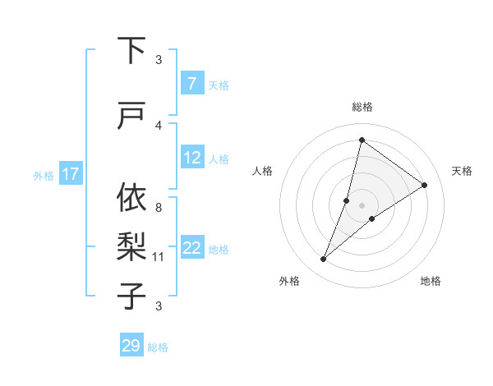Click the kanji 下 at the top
tap(132, 50)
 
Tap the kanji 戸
tap(132, 117)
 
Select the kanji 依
tap(132, 198)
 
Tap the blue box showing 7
tap(191, 83)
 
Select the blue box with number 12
tap(191, 158)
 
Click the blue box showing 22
tap(191, 248)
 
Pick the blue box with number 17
tap(71, 174)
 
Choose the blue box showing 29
tap(131, 346)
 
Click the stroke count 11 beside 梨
tap(158, 257)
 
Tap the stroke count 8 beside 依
tap(158, 208)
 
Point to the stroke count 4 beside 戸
tap(158, 126)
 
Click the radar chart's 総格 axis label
tap(362, 107)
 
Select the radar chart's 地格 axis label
tap(431, 281)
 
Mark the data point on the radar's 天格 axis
tap(425, 185)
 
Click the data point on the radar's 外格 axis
tap(323, 260)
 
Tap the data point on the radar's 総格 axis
tap(362, 140)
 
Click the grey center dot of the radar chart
tap(362, 205)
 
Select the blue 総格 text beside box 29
tap(158, 347)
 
